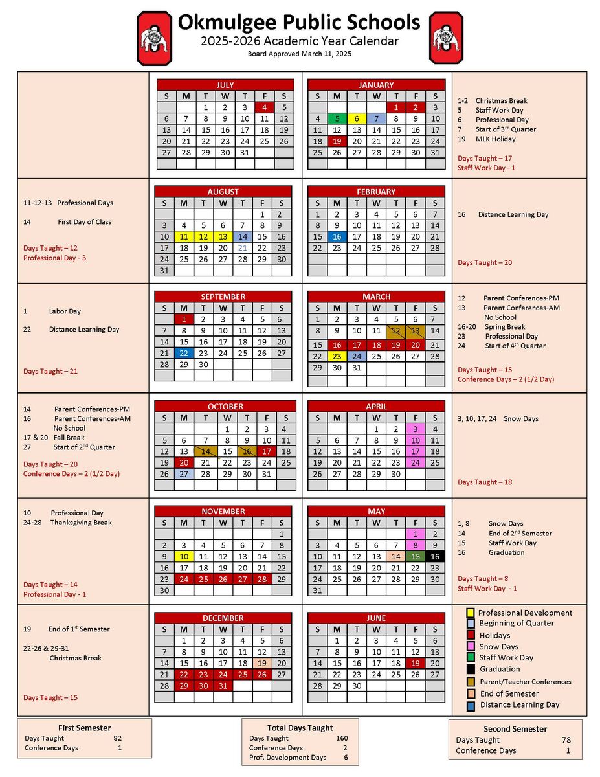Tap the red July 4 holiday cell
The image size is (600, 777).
tap(264, 107)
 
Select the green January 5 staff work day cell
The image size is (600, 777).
tap(337, 118)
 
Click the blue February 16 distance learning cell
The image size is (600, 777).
tap(337, 237)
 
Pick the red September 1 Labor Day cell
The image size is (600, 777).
tap(184, 319)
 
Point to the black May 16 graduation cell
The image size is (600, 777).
tap(435, 556)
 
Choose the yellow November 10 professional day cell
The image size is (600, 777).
tap(184, 556)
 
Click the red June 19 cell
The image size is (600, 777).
tap(416, 663)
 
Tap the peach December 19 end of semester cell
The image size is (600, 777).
tap(262, 663)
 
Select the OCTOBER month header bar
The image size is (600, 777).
tap(225, 407)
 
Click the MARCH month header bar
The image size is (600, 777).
tap(376, 297)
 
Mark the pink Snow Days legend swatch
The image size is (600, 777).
tap(471, 646)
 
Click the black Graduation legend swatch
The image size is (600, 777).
tap(471, 669)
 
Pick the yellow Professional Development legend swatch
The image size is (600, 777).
tap(471, 613)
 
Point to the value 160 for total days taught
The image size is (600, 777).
tap(342, 738)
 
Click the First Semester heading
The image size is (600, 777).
tap(84, 728)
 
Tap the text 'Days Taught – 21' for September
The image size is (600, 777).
tap(50, 372)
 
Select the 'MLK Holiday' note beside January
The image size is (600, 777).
tap(495, 139)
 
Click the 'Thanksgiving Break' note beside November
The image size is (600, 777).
tap(81, 523)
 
